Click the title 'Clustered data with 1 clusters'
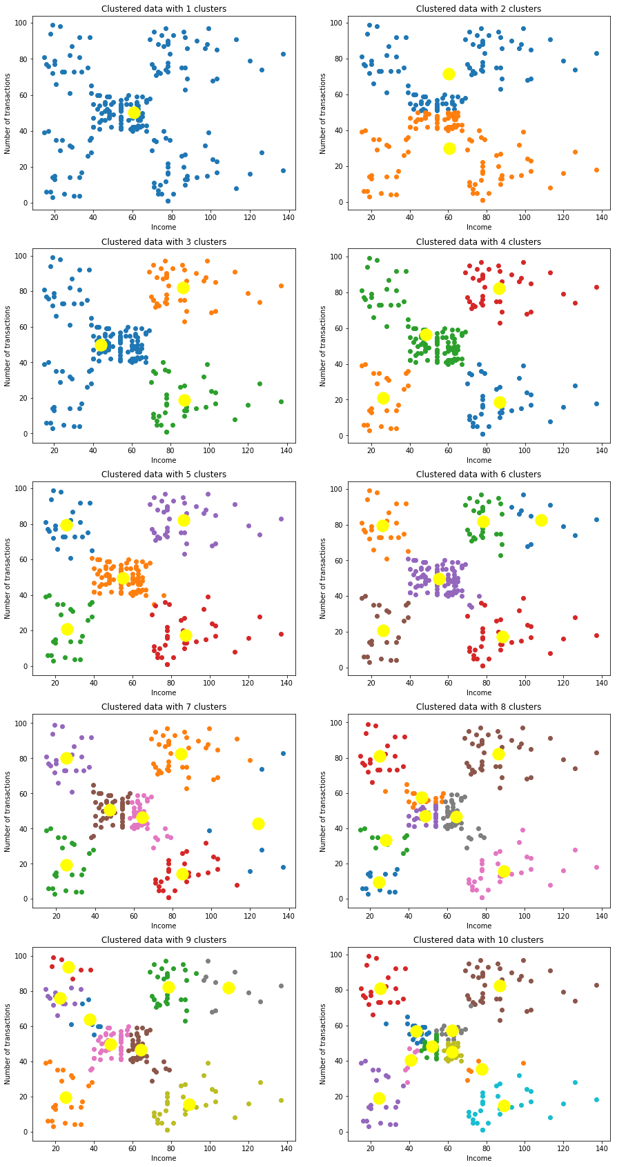click(164, 9)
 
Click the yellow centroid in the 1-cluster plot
click(134, 112)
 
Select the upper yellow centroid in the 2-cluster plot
click(449, 74)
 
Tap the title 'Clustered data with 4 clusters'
click(478, 242)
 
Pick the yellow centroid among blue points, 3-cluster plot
click(101, 345)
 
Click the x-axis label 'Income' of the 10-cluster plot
click(479, 1158)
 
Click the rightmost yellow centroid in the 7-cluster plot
click(259, 824)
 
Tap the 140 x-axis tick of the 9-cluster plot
click(288, 1148)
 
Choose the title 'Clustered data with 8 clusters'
click(478, 707)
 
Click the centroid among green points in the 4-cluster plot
click(426, 335)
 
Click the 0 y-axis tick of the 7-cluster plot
click(25, 899)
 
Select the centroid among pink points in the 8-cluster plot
click(504, 871)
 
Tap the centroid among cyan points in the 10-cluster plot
click(504, 1106)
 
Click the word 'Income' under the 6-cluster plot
click(479, 693)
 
